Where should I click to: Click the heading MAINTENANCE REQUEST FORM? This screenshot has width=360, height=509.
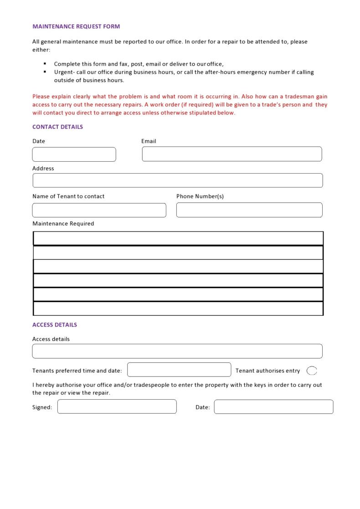click(x=76, y=26)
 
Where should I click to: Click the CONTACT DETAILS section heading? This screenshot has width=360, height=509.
click(x=57, y=127)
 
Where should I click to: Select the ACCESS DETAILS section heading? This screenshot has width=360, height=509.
click(x=55, y=325)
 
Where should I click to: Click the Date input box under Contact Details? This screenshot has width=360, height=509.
click(x=74, y=154)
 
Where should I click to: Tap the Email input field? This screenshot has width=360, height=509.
click(x=231, y=154)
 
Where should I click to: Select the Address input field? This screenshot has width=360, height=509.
click(x=177, y=180)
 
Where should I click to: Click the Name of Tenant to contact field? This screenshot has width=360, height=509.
click(x=99, y=210)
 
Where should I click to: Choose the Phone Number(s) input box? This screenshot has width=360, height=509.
click(x=249, y=210)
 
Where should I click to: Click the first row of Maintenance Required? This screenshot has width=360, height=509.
click(x=178, y=239)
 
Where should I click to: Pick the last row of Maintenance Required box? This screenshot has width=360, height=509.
click(x=178, y=308)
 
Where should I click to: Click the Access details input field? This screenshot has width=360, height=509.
click(x=177, y=351)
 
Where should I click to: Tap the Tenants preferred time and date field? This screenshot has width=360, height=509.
click(x=179, y=370)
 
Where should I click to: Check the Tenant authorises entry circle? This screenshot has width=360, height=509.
click(x=312, y=370)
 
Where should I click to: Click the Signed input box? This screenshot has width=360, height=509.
click(x=117, y=406)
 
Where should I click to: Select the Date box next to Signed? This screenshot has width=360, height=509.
click(x=273, y=406)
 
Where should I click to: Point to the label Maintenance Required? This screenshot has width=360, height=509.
click(x=63, y=224)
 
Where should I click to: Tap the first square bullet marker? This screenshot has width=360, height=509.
click(x=45, y=64)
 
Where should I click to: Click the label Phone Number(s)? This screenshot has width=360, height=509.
click(x=200, y=196)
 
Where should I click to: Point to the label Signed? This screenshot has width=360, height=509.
click(x=42, y=407)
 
